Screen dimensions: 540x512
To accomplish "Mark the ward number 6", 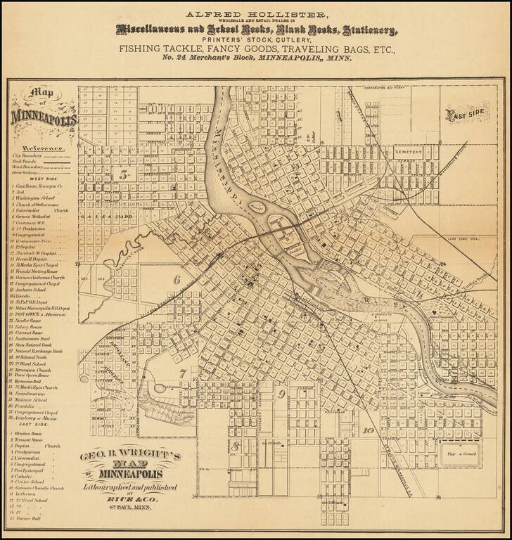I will point(177,279).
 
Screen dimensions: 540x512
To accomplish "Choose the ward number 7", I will point(182,373).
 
